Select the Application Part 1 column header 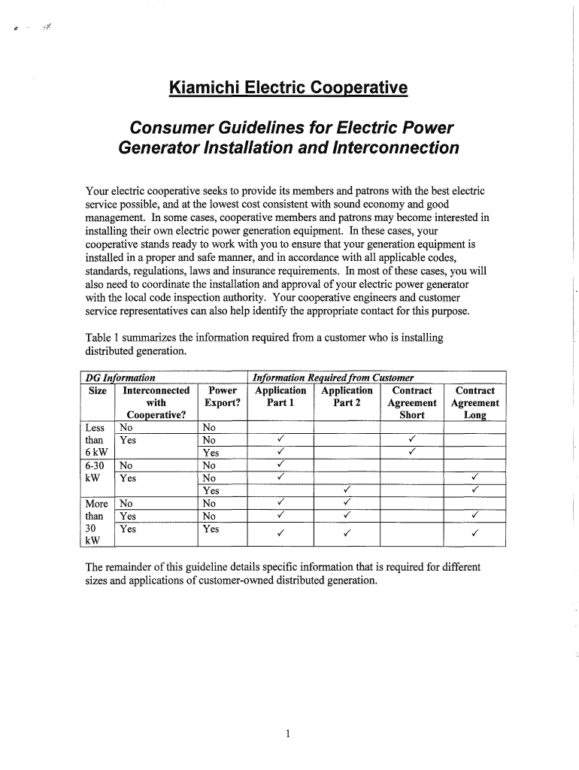280,396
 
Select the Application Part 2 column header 347,396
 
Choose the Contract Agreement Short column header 412,402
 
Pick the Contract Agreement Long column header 474,402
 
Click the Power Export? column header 222,396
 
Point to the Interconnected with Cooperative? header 156,402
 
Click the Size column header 97,391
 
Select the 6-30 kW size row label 96,471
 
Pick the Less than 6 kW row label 95,440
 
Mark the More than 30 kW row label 97,522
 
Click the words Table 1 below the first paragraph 104,338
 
